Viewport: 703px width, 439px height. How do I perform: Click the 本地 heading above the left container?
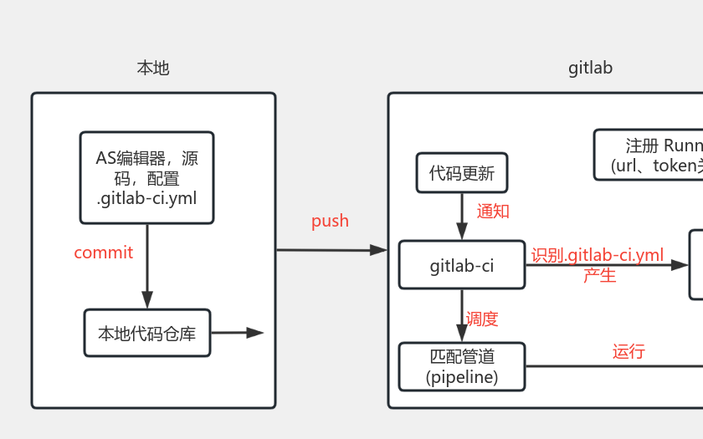pyautogui.click(x=153, y=68)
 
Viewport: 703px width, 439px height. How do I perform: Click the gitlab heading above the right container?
pyautogui.click(x=590, y=68)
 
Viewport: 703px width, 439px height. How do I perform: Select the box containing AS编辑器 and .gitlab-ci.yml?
pyautogui.click(x=146, y=177)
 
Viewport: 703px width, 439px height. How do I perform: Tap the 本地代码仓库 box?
pyautogui.click(x=146, y=333)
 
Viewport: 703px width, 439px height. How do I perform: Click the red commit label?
pyautogui.click(x=103, y=253)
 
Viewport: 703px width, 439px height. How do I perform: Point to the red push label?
pyautogui.click(x=330, y=221)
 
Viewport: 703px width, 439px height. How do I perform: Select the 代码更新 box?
pyautogui.click(x=461, y=174)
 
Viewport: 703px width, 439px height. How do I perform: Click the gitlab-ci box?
pyautogui.click(x=461, y=266)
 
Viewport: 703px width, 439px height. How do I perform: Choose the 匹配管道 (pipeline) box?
pyautogui.click(x=461, y=367)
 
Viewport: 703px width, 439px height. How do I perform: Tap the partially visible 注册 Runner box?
pyautogui.click(x=649, y=155)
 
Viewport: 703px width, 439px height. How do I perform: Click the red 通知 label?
pyautogui.click(x=493, y=211)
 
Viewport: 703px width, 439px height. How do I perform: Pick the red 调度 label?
pyautogui.click(x=482, y=319)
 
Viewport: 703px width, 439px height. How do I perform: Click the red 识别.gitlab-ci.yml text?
pyautogui.click(x=597, y=255)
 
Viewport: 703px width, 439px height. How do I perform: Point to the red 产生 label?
pyautogui.click(x=599, y=275)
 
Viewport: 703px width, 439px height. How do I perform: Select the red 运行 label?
pyautogui.click(x=629, y=351)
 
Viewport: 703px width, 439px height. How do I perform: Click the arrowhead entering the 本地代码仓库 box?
pyautogui.click(x=147, y=299)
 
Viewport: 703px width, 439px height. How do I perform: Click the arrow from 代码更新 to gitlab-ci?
pyautogui.click(x=461, y=216)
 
